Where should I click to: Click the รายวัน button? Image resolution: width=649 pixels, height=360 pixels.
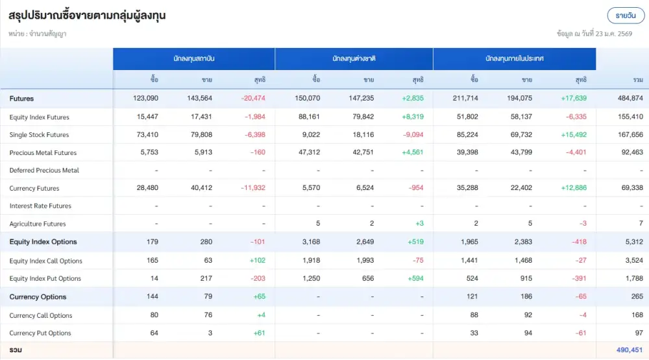pos(626,16)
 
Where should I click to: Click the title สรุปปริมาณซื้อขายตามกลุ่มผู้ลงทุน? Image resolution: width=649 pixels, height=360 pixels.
pos(88,16)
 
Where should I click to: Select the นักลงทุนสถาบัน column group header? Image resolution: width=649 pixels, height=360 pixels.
pos(194,58)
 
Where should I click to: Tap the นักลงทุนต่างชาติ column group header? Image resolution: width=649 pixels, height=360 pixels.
pos(354,58)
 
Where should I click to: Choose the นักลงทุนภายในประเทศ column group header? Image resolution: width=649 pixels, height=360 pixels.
pos(514,58)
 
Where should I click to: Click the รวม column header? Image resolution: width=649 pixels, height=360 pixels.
pos(637,80)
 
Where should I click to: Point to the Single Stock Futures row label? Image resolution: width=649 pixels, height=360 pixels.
pos(39,135)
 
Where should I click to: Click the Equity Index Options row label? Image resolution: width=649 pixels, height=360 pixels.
pos(43,242)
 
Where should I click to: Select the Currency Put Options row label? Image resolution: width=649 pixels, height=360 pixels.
pos(40,333)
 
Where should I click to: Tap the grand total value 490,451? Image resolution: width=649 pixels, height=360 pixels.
pos(629,350)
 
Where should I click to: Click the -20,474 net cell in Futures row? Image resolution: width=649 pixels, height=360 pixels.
pos(253,99)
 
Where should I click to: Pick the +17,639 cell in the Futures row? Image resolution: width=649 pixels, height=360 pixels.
pos(574,99)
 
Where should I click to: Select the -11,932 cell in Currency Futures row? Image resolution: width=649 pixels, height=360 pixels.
pos(252,189)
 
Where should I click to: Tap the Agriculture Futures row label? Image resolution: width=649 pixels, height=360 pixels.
pos(38,224)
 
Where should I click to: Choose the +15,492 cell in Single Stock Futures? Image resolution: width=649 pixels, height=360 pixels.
pos(574,135)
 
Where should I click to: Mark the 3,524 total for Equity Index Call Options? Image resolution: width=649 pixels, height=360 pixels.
pos(633,261)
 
